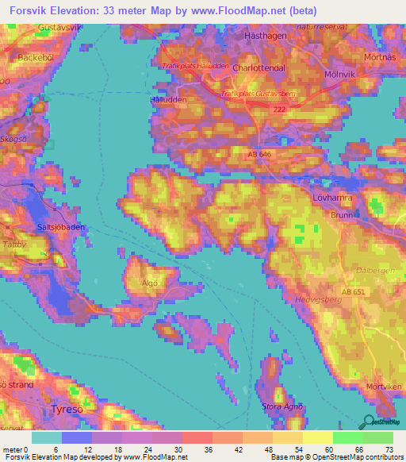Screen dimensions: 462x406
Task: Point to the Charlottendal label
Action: pyautogui.click(x=259, y=68)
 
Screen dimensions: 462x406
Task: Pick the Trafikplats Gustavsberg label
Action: pyautogui.click(x=259, y=94)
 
